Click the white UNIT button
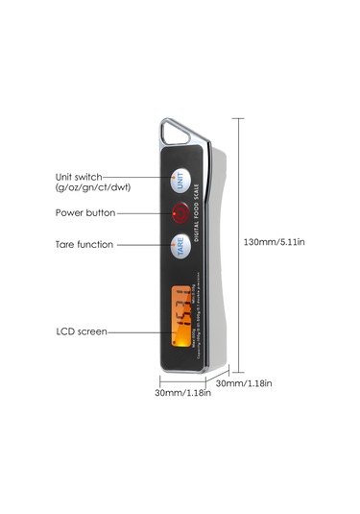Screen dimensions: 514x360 pyautogui.click(x=180, y=179)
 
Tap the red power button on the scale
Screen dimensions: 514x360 pyautogui.click(x=180, y=211)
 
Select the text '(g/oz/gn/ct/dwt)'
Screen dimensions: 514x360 pyautogui.click(x=92, y=187)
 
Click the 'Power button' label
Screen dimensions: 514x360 pyautogui.click(x=85, y=212)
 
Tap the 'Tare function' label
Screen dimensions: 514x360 pyautogui.click(x=84, y=244)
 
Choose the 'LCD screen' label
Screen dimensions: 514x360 pyautogui.click(x=82, y=331)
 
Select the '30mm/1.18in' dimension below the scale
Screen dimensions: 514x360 pyautogui.click(x=181, y=392)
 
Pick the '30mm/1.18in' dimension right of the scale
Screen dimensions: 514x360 pyautogui.click(x=243, y=383)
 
